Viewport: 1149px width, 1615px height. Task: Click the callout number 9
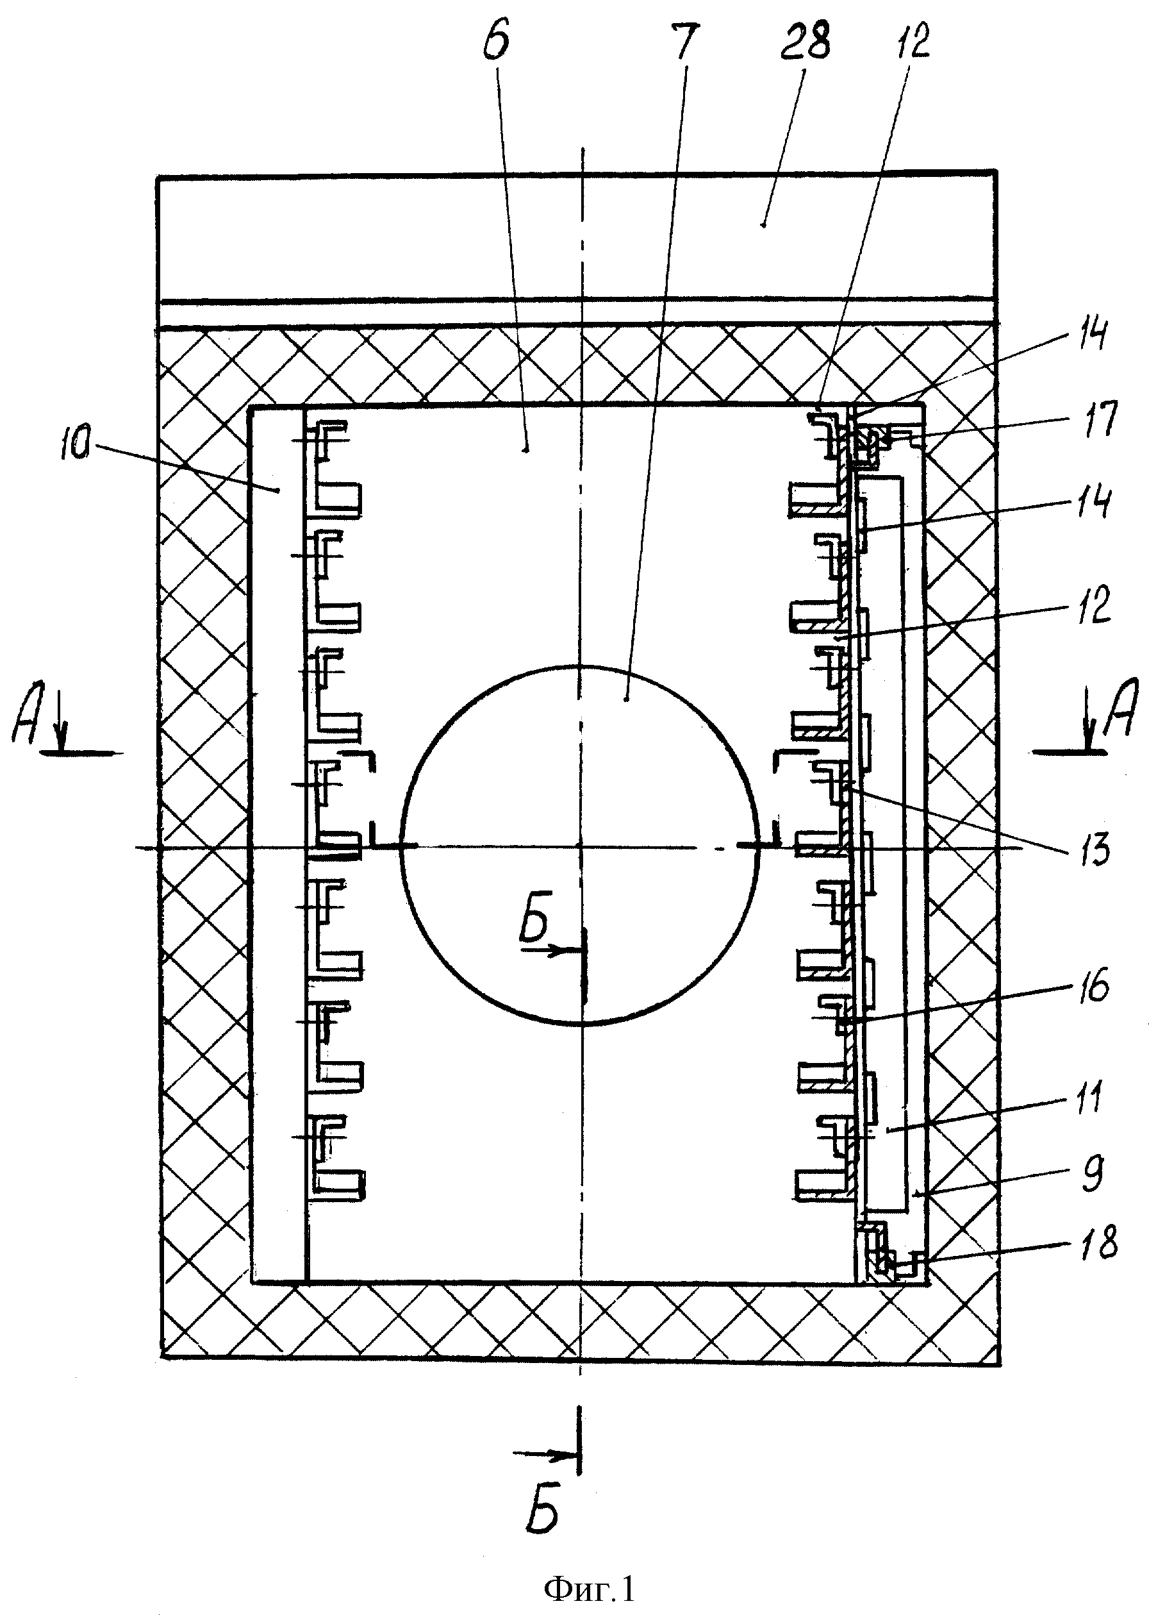[1092, 1174]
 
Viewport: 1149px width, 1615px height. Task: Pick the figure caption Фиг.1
[590, 1587]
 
